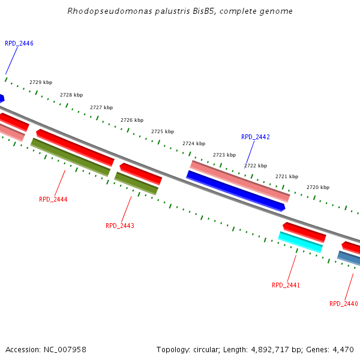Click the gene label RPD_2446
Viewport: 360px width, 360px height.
[x=19, y=44]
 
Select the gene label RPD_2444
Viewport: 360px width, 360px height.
[x=53, y=199]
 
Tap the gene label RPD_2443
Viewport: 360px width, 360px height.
[x=120, y=226]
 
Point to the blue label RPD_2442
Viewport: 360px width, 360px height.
[x=256, y=137]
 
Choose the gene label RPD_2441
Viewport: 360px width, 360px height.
[x=286, y=285]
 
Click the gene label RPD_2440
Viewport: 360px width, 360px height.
[x=344, y=304]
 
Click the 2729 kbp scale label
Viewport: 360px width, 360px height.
[x=41, y=82]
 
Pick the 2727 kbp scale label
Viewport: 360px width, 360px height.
[x=101, y=107]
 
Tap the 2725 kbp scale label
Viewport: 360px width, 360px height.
[x=163, y=131]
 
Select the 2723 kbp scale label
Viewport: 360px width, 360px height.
[x=224, y=155]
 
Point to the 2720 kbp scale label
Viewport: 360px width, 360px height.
[x=318, y=187]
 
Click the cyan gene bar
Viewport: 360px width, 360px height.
[x=300, y=242]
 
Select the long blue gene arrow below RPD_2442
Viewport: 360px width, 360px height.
[x=235, y=191]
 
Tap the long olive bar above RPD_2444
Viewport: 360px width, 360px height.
[x=70, y=157]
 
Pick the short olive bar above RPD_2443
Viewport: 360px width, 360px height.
[x=136, y=184]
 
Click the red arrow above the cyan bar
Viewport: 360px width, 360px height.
[x=304, y=232]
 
